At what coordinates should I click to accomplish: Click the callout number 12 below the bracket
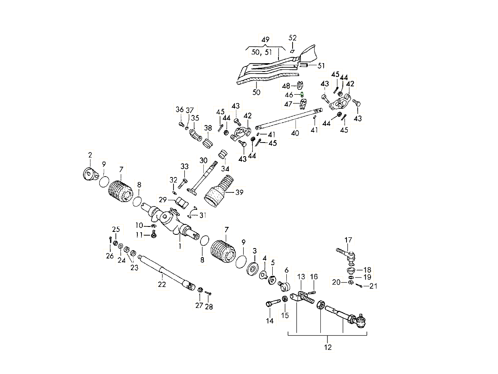coord(328,347)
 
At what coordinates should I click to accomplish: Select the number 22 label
coord(161,285)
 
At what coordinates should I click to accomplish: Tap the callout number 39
coord(239,192)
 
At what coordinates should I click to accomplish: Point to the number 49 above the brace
coord(266,39)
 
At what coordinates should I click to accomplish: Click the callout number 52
coord(293,38)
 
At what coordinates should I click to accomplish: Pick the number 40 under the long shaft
coord(295,133)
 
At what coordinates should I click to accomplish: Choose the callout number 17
coord(348,240)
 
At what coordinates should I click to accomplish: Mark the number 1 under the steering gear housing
coord(180,246)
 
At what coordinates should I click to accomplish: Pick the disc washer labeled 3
coord(252,268)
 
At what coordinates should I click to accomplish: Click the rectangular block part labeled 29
coord(182,203)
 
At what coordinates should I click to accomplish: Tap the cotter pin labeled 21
coord(359,285)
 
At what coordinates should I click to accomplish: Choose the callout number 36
coord(179,110)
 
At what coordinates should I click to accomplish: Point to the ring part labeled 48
coord(301,86)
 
